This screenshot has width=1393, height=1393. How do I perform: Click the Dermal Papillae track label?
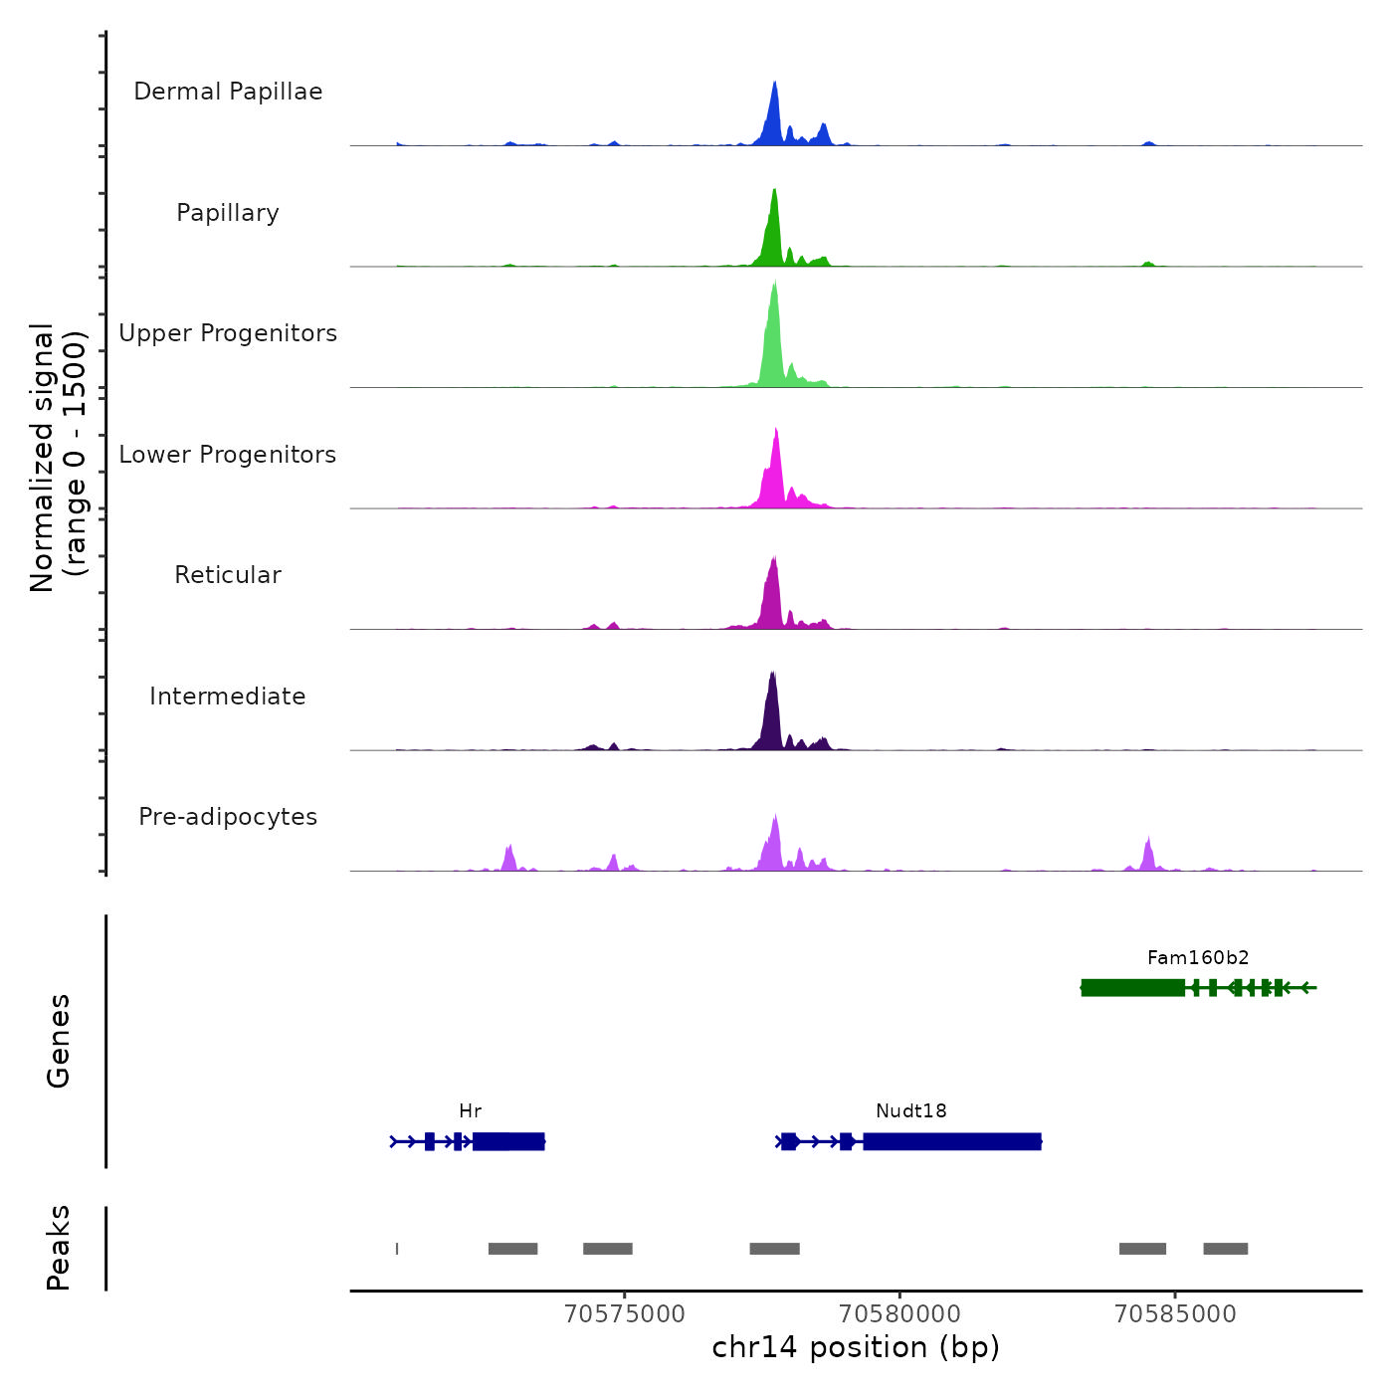click(228, 92)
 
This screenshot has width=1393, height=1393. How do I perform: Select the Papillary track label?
click(228, 213)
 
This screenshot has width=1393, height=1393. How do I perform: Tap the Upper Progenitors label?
click(228, 333)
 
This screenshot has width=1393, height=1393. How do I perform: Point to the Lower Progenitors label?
click(228, 455)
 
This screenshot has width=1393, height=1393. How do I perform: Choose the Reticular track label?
click(228, 575)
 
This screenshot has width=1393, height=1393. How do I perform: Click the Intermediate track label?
click(228, 696)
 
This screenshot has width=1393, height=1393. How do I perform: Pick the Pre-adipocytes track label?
click(228, 817)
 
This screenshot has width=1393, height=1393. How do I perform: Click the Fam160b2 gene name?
click(1198, 958)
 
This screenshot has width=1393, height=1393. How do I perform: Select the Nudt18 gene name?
click(911, 1111)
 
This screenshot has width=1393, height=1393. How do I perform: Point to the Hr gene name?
click(471, 1111)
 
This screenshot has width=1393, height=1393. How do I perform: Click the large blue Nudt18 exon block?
click(952, 1141)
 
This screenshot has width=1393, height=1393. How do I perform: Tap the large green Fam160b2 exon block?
click(1132, 988)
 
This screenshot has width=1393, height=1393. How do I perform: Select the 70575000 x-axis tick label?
click(625, 1314)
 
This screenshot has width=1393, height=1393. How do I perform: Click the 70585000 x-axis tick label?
click(1175, 1314)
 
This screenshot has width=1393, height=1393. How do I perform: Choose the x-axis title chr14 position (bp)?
click(856, 1347)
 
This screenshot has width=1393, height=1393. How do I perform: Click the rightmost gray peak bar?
click(1225, 1249)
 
